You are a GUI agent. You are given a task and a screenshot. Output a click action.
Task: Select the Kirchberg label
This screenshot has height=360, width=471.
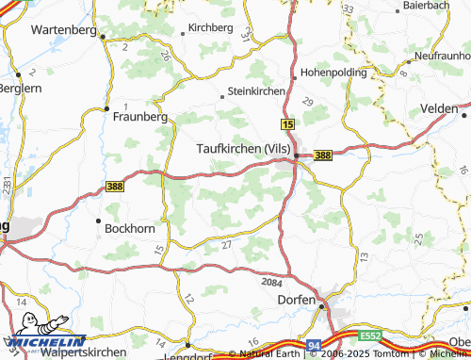point(211,28)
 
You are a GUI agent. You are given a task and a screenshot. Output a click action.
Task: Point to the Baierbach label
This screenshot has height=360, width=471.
point(426,5)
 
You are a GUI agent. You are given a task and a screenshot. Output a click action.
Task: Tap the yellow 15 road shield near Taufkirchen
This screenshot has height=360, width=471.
point(287,124)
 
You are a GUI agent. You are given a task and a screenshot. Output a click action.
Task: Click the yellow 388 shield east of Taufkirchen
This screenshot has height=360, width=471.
point(323,155)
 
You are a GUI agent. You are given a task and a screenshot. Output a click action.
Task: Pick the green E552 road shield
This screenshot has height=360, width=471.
point(370,335)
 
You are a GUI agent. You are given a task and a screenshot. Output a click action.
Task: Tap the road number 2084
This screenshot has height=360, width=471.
point(271,282)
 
